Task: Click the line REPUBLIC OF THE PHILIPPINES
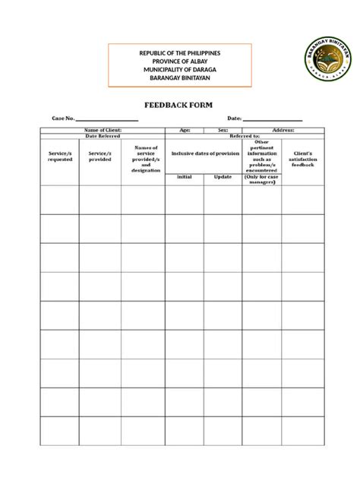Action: pyautogui.click(x=180, y=52)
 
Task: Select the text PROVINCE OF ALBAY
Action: pyautogui.click(x=180, y=61)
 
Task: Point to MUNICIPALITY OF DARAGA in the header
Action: pyautogui.click(x=180, y=69)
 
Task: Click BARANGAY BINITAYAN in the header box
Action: pyautogui.click(x=180, y=77)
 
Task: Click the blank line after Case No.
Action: pyautogui.click(x=107, y=119)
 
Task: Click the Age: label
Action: pyautogui.click(x=185, y=131)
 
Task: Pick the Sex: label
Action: pyautogui.click(x=223, y=131)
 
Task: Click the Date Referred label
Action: pyautogui.click(x=103, y=136)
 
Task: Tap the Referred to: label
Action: pyautogui.click(x=245, y=136)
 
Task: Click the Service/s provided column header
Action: pyautogui.click(x=99, y=156)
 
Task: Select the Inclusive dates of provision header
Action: pyautogui.click(x=205, y=153)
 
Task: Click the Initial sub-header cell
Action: pyautogui.click(x=185, y=177)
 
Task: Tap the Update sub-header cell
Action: pyautogui.click(x=223, y=177)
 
